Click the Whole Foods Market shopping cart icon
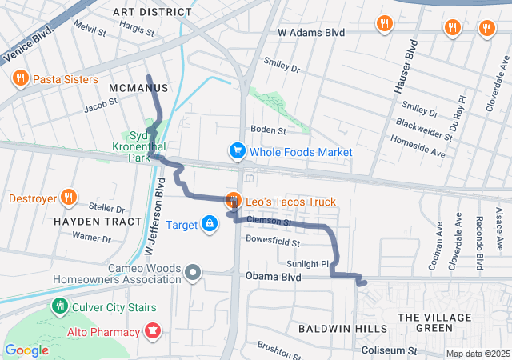237,150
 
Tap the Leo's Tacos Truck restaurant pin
233,200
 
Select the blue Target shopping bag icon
209,224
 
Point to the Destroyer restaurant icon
69,198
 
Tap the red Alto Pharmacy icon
151,330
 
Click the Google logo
26,350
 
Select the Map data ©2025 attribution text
477,354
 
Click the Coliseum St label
390,350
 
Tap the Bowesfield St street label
273,242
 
